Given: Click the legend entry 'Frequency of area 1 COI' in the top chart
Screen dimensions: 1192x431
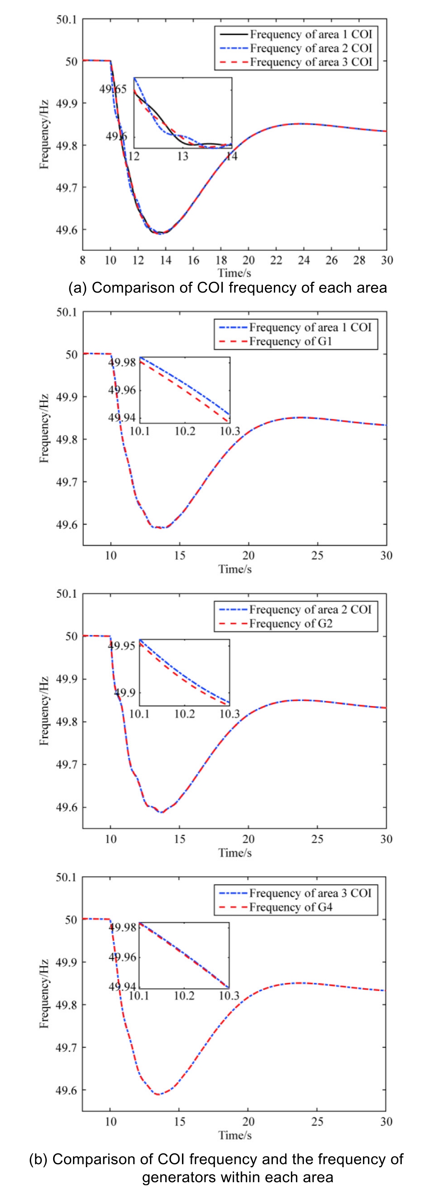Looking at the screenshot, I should click(x=311, y=34).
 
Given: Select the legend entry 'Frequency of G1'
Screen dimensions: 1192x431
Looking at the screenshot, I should click(x=290, y=341).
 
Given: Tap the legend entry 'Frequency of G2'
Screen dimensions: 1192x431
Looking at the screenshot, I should click(x=290, y=624).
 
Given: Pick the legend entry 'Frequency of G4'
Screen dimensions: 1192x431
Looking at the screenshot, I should click(x=290, y=907).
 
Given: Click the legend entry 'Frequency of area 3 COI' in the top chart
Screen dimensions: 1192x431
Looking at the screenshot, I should click(x=311, y=62).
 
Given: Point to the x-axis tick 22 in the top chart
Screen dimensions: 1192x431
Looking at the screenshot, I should click(x=276, y=261).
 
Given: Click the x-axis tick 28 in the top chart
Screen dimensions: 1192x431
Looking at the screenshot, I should click(x=359, y=261).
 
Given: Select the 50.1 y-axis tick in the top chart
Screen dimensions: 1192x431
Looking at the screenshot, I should click(x=67, y=19).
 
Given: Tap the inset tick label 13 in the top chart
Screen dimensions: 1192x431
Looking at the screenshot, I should click(x=183, y=156).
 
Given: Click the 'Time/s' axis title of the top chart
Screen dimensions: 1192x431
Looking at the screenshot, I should click(x=235, y=273).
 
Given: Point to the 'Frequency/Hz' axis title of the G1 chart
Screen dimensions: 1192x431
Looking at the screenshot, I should click(x=44, y=428).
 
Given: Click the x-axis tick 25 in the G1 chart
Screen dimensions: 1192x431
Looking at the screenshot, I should click(x=317, y=555).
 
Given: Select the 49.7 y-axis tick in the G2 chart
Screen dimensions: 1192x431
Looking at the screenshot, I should click(x=67, y=765).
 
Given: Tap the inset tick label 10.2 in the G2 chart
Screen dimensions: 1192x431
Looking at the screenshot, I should click(x=185, y=714).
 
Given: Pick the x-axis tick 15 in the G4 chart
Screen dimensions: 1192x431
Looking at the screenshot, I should click(x=179, y=1122).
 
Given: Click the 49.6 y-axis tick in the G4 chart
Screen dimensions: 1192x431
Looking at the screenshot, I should click(x=67, y=1090).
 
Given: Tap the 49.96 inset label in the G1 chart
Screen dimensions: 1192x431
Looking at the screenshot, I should click(x=122, y=390).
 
